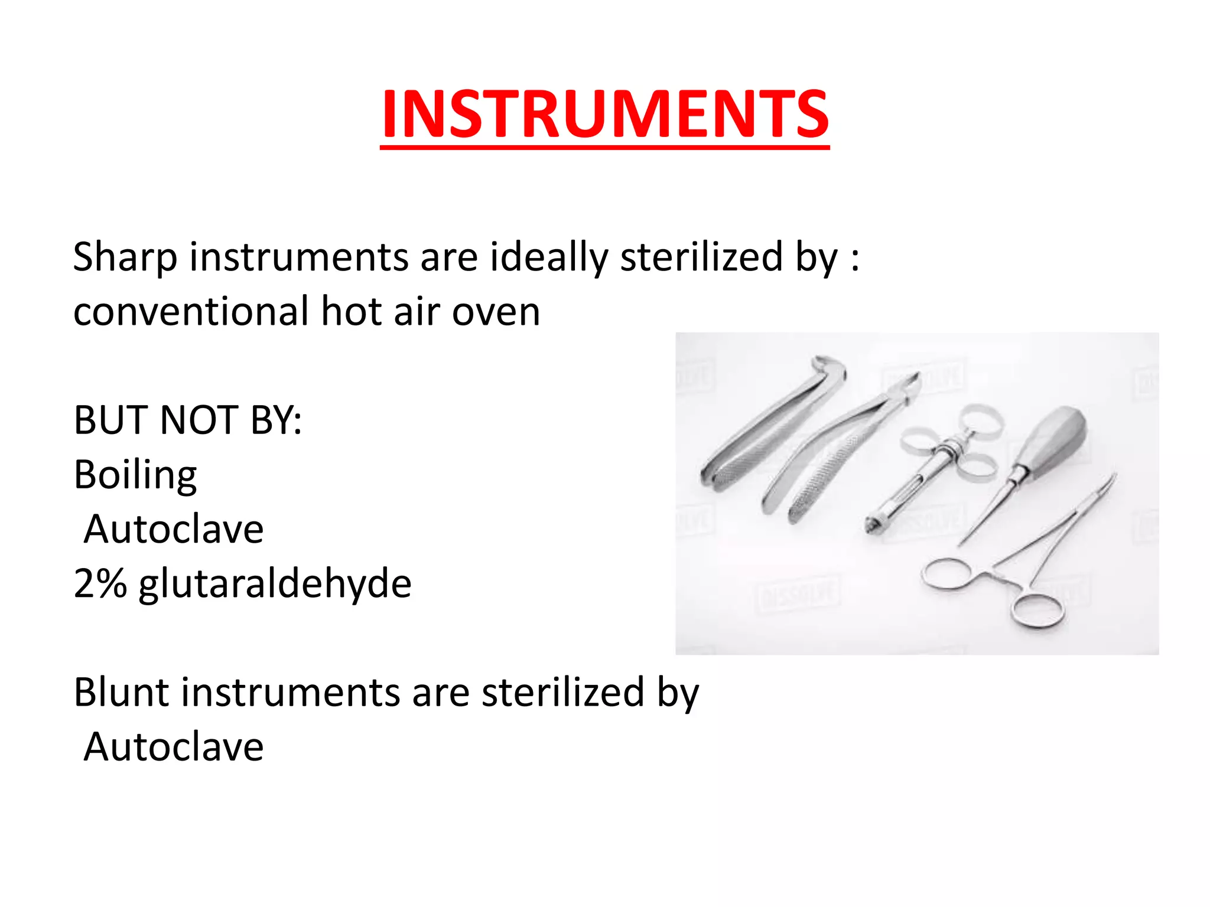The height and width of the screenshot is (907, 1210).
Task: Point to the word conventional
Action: (x=190, y=312)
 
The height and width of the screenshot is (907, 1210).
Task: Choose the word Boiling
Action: (x=135, y=475)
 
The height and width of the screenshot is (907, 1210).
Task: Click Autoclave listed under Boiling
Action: (x=173, y=529)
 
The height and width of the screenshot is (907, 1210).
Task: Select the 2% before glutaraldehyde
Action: (x=99, y=583)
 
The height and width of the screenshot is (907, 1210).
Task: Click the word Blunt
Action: (x=122, y=692)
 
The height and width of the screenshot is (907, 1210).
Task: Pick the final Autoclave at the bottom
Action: (x=173, y=747)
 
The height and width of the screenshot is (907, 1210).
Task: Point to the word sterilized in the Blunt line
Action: (x=562, y=692)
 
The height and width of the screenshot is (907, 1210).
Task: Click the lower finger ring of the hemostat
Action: (x=1037, y=609)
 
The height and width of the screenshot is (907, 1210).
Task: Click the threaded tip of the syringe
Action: (x=871, y=524)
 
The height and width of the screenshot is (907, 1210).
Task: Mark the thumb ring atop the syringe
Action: (x=982, y=419)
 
